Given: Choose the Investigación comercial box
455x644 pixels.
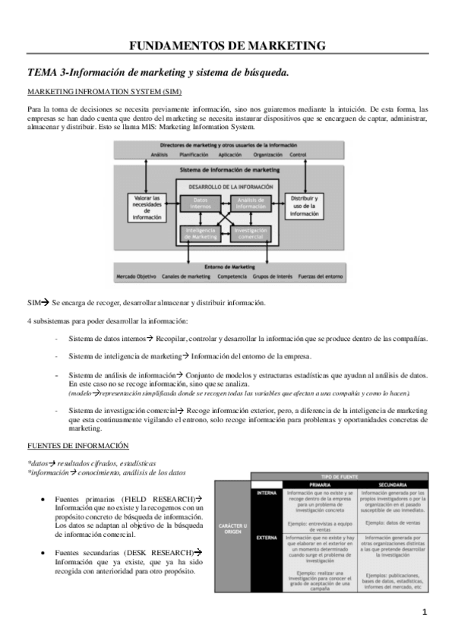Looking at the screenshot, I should coord(249,233).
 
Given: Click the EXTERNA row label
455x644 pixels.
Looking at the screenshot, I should coord(265,538).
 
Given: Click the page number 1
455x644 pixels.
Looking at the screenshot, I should coord(425,612).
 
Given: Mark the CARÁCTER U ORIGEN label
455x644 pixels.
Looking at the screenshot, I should coord(232,526).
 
